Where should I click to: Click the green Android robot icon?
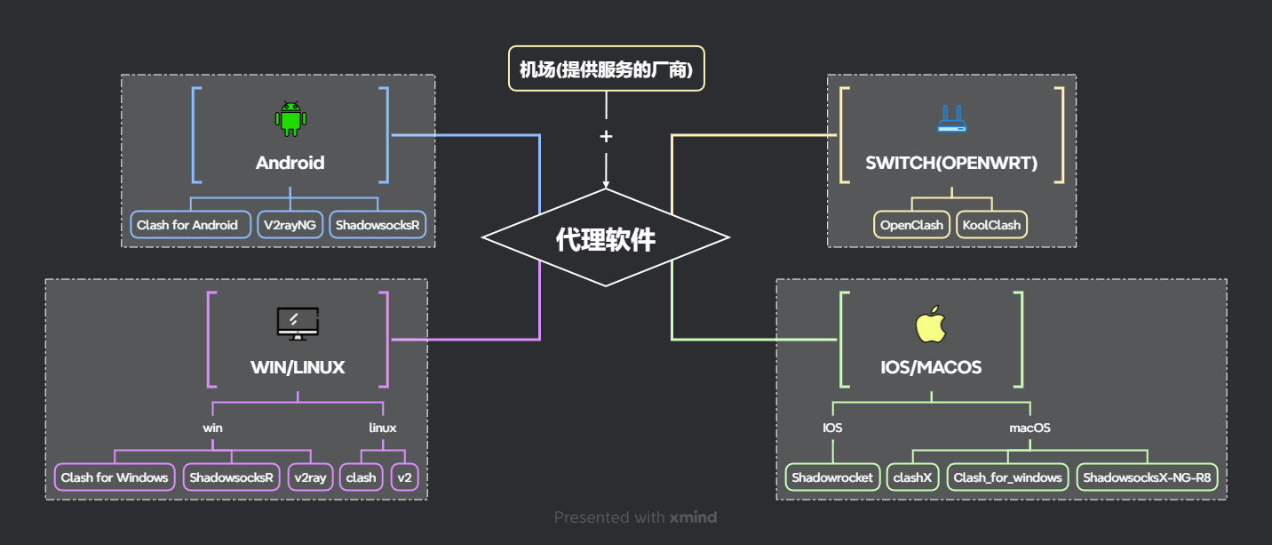pos(290,119)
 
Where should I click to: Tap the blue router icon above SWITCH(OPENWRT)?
pos(951,119)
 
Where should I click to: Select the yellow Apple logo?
pos(930,325)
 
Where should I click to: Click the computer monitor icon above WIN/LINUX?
pos(298,324)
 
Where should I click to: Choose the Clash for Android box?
pos(187,225)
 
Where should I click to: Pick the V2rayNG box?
pos(290,225)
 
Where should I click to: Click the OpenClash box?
pos(911,225)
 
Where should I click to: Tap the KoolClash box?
pos(991,225)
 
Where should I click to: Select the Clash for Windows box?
pos(115,477)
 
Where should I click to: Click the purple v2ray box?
pos(310,477)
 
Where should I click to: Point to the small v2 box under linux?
pos(405,477)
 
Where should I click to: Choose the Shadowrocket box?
pos(833,477)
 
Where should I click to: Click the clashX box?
pos(913,477)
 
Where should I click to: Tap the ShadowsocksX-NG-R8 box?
pos(1147,477)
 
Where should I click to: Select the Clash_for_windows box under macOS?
pos(1007,477)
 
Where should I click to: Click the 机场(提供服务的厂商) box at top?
pos(606,68)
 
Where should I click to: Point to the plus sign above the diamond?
pos(606,136)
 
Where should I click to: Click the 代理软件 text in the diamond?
pos(606,238)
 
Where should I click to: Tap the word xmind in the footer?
pos(693,517)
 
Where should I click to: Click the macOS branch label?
pos(1030,428)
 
